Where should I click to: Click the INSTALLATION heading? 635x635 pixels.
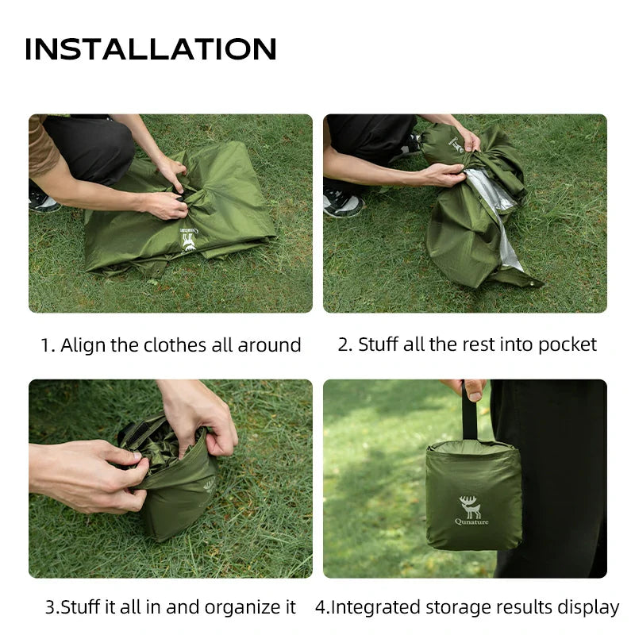tap(151, 49)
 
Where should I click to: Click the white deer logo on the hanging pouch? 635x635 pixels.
tap(470, 506)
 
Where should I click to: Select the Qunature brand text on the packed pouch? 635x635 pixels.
tap(471, 522)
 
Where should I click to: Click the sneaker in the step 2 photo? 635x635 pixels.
tap(343, 202)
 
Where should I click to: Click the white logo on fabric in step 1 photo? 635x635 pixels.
tap(189, 240)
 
